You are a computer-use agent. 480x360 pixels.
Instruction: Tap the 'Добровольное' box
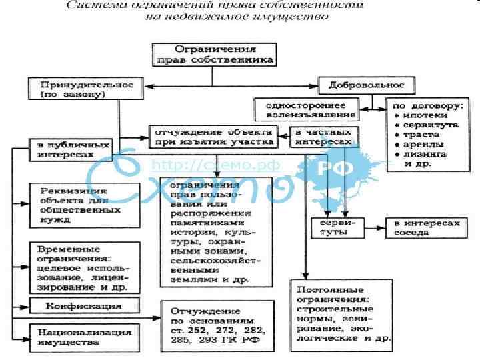coord(367,86)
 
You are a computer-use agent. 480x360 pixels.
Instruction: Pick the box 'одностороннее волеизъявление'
coord(307,111)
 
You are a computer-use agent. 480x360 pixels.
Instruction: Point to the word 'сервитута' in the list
coord(426,125)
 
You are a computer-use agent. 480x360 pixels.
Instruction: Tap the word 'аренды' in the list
coord(421,144)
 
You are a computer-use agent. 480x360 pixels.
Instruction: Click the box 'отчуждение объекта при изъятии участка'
coord(212,136)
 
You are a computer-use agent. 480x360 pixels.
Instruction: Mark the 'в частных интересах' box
coord(323,138)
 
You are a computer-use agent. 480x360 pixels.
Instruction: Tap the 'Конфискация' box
coord(83,306)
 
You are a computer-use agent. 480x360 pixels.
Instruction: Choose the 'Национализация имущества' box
coord(83,337)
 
